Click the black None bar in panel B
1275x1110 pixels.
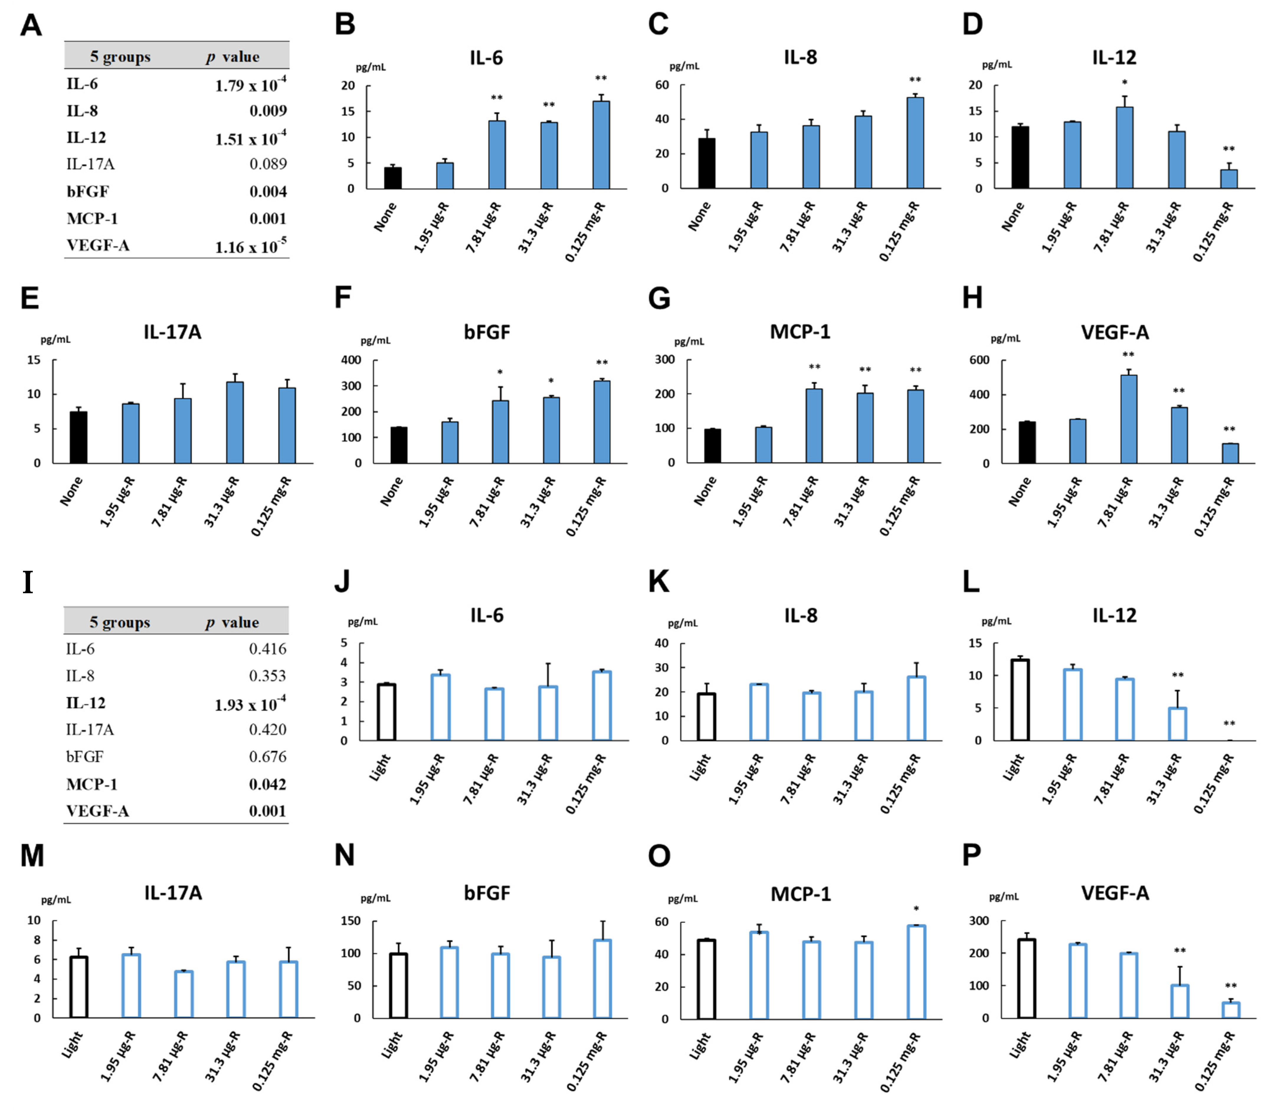(393, 178)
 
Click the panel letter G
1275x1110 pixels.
(659, 299)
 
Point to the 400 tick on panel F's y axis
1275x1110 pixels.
(351, 360)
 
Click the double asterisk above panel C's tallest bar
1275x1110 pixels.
(915, 80)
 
